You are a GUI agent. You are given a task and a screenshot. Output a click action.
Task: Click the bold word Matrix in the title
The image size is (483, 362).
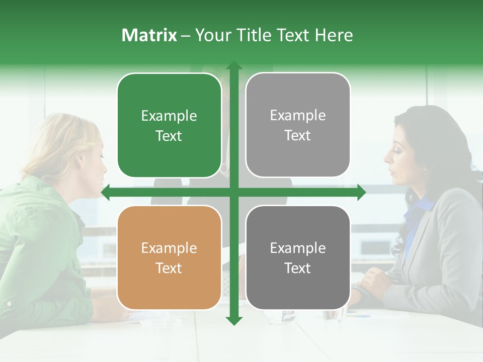[x=149, y=35]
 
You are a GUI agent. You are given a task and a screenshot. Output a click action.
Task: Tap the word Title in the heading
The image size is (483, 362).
[x=254, y=35]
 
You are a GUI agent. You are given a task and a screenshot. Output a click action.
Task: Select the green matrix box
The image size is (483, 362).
[x=169, y=125]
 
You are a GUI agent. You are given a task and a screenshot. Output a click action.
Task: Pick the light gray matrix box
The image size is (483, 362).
[x=298, y=125]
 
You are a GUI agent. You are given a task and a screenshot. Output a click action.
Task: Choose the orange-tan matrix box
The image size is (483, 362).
[x=169, y=257]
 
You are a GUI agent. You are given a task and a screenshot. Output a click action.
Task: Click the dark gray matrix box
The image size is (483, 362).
[x=298, y=257]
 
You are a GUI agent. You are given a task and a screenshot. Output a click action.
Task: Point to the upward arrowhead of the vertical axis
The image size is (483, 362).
[x=233, y=66]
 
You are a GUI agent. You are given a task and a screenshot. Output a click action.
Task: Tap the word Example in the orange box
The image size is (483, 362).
[x=169, y=248]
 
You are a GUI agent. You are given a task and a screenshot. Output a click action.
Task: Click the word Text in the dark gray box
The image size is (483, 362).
[x=298, y=268]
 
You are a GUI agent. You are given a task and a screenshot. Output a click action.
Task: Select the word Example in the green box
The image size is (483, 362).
[x=169, y=116]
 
